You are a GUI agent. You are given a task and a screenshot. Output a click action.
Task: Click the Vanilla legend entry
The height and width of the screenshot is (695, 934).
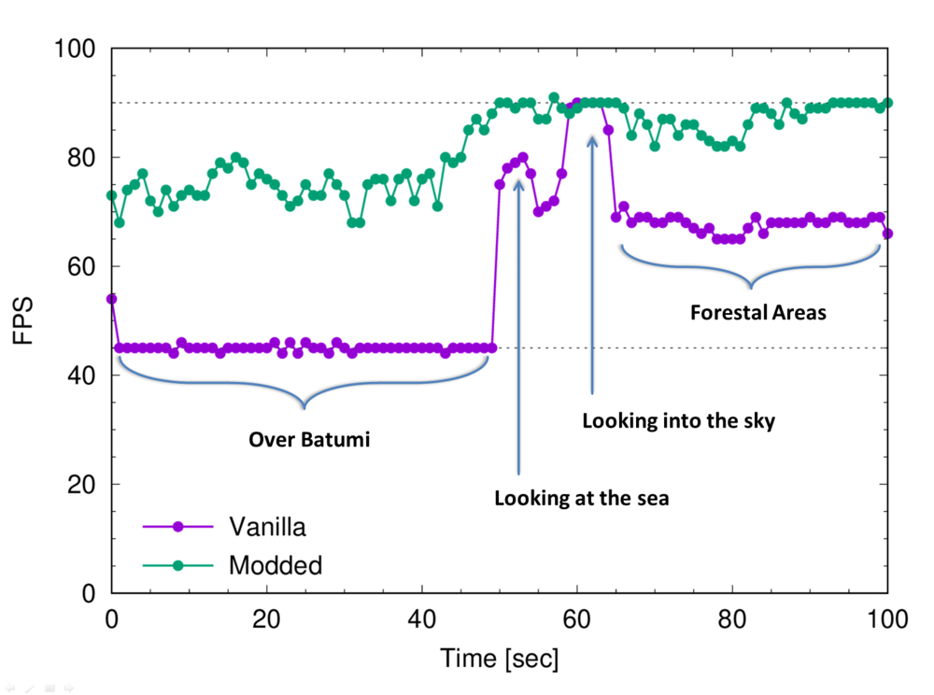tap(267, 527)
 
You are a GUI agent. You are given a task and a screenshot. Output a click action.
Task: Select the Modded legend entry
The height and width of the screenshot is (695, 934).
tap(275, 564)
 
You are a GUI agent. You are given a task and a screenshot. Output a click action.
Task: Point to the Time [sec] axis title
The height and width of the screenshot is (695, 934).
tap(500, 659)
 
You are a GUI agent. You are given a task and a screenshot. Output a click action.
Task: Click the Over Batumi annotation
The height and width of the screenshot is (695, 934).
tap(309, 440)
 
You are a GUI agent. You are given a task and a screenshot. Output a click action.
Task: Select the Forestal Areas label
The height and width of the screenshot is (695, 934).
tap(757, 313)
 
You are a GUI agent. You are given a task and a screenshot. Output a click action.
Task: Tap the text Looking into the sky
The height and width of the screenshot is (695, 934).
tap(679, 421)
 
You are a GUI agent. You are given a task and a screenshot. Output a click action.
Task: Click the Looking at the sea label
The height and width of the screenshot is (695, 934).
tap(582, 498)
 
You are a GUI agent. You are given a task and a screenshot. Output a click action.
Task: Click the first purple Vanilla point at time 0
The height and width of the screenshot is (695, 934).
tap(112, 299)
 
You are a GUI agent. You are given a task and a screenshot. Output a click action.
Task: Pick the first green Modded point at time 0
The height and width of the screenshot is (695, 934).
tap(112, 195)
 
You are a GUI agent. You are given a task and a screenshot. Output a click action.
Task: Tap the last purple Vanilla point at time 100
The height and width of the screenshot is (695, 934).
tap(887, 234)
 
